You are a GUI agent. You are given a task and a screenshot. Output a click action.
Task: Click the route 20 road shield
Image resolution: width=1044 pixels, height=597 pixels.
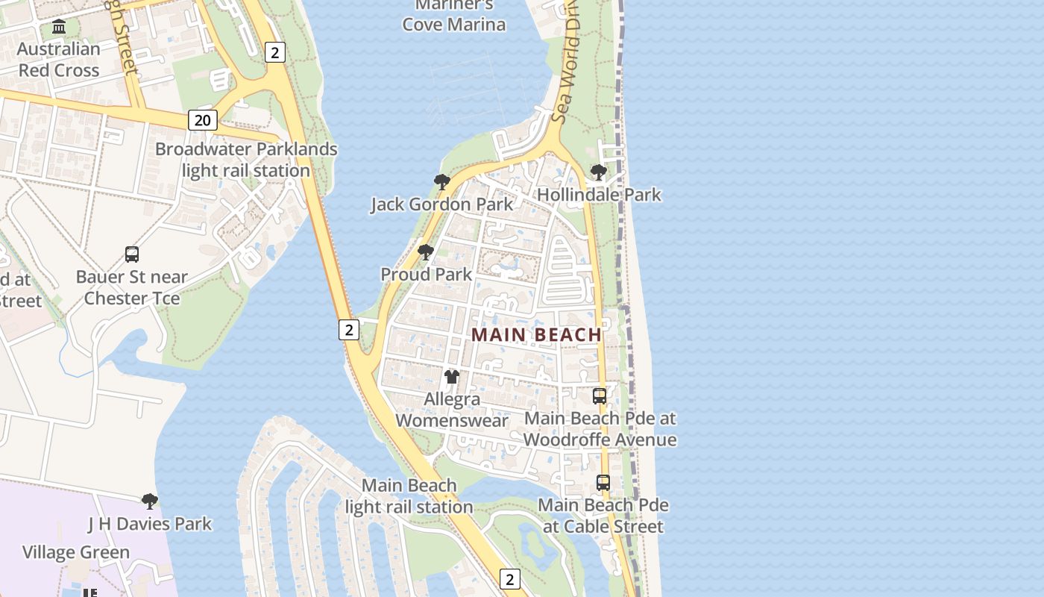pyautogui.click(x=202, y=119)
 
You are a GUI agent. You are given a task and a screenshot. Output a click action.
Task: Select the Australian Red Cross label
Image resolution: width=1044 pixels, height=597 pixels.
pyautogui.click(x=59, y=60)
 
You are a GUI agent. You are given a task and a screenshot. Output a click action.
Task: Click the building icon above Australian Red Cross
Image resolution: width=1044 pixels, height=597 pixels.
pyautogui.click(x=59, y=28)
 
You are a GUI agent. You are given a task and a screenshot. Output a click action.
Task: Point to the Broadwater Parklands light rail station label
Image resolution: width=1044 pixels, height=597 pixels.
pyautogui.click(x=246, y=160)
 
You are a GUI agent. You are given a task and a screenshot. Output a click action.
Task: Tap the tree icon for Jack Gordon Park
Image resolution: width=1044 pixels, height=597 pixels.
pyautogui.click(x=441, y=181)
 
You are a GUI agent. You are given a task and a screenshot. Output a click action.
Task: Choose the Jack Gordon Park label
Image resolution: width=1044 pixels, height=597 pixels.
pyautogui.click(x=442, y=204)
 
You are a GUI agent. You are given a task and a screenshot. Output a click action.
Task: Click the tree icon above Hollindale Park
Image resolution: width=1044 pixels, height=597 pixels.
pyautogui.click(x=598, y=172)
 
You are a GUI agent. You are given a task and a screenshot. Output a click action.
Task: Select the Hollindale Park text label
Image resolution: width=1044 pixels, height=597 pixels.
pyautogui.click(x=599, y=195)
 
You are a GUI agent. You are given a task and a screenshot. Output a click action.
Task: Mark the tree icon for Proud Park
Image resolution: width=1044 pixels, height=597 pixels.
pyautogui.click(x=426, y=251)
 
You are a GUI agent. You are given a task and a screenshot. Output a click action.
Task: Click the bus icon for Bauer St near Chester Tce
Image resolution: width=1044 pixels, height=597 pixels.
pyautogui.click(x=132, y=254)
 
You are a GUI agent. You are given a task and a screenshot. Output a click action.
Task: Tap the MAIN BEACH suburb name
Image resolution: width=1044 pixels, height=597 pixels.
pyautogui.click(x=536, y=335)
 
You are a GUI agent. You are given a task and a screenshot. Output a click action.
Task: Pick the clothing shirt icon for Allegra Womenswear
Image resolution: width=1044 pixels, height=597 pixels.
pyautogui.click(x=452, y=376)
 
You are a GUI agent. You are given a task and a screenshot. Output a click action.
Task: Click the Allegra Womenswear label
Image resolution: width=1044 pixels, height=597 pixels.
pyautogui.click(x=452, y=410)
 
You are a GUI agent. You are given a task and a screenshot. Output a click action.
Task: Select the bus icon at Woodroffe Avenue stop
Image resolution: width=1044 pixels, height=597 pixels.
pyautogui.click(x=600, y=396)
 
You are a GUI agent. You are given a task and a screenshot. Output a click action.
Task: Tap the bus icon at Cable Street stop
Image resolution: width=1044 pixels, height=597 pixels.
pyautogui.click(x=603, y=483)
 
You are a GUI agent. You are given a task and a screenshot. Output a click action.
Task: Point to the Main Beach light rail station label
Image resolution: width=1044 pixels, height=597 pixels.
pyautogui.click(x=409, y=496)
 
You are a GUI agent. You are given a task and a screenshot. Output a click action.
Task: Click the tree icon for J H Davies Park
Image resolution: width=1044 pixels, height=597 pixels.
pyautogui.click(x=150, y=501)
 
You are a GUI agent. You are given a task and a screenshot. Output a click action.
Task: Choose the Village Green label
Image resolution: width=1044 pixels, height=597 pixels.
pyautogui.click(x=76, y=552)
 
